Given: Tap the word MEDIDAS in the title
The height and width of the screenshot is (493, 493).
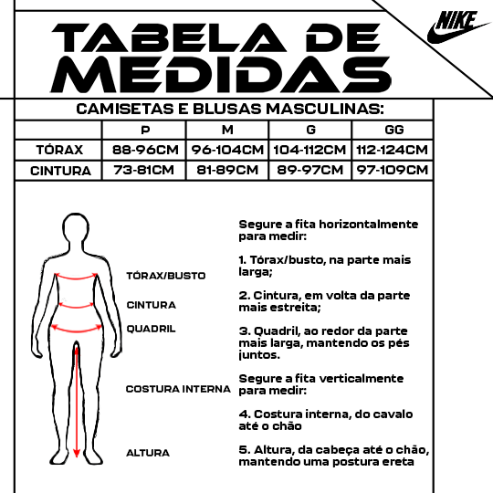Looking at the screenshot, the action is click(220, 75).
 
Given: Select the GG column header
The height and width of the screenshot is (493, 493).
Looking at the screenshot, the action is click(394, 130).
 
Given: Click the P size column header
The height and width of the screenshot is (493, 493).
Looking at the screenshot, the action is click(145, 130).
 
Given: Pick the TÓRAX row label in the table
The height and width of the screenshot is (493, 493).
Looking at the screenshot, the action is click(59, 150).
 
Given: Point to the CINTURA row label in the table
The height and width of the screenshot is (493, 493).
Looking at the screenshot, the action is click(60, 171).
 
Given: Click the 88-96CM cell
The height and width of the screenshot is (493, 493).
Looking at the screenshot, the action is click(145, 150).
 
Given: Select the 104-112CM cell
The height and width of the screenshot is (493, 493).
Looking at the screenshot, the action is click(309, 150).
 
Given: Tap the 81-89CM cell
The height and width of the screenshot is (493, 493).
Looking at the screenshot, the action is click(227, 170).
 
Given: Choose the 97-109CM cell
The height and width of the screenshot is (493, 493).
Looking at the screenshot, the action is click(392, 170).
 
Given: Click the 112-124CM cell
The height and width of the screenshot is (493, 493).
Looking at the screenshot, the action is click(392, 150).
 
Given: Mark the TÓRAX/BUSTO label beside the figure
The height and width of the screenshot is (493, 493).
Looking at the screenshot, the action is click(165, 276).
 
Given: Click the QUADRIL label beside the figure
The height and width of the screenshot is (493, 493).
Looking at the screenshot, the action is click(151, 329).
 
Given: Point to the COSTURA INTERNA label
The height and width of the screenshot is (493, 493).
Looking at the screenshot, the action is click(178, 389).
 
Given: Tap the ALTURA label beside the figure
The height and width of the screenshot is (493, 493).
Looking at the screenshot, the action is click(148, 453).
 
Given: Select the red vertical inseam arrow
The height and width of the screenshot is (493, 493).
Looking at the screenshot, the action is click(77, 402).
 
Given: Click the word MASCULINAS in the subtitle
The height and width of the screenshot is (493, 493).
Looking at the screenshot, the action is click(325, 110).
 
